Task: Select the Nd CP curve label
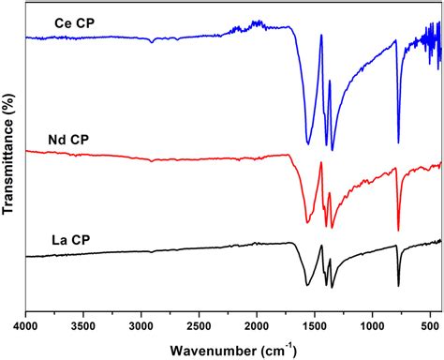(67, 140)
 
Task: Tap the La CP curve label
(71, 239)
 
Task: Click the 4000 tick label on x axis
(25, 327)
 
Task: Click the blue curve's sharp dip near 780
(398, 142)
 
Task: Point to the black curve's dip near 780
(398, 285)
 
